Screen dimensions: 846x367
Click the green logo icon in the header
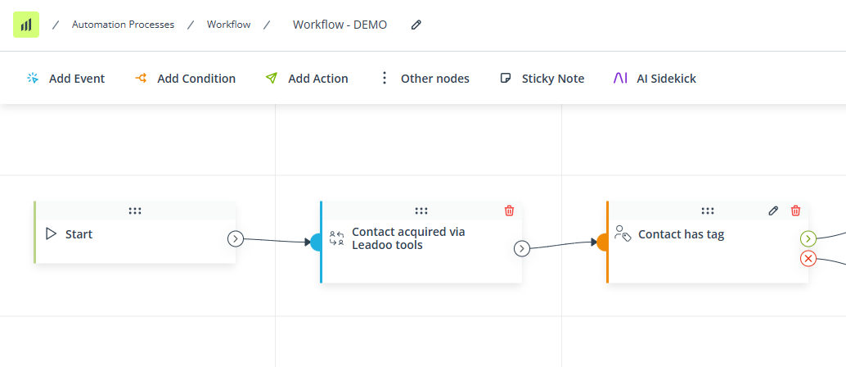pos(26,25)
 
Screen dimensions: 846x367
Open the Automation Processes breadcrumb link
pos(123,25)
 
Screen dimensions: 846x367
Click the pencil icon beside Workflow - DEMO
pos(416,25)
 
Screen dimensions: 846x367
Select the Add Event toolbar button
pos(65,79)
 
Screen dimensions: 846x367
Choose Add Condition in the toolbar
pos(185,79)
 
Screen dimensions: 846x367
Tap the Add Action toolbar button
pos(307,79)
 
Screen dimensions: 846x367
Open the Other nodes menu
pos(425,79)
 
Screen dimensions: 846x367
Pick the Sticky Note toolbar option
pos(542,79)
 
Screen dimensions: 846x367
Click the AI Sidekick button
pos(655,79)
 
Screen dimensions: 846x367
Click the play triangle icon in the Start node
pos(52,234)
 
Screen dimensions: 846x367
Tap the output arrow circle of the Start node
pos(236,238)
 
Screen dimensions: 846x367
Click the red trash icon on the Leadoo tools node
pos(509,211)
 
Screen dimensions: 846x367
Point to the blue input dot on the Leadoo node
pos(316,242)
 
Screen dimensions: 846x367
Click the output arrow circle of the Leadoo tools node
pos(522,248)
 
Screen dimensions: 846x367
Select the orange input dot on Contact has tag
pos(603,242)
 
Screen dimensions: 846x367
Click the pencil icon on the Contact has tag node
pos(773,211)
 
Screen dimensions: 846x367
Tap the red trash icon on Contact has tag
pos(795,211)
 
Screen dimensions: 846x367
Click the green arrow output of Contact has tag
pos(808,238)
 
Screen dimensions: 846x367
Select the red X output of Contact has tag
pos(808,259)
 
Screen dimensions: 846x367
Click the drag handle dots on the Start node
pos(135,211)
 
